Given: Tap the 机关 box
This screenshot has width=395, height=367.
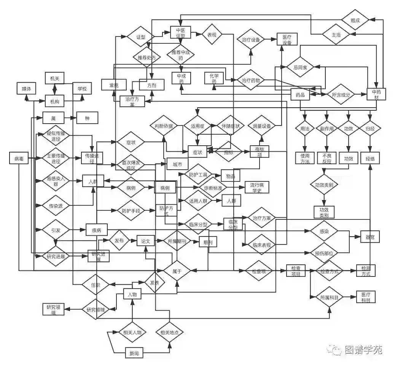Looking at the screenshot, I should [54, 78].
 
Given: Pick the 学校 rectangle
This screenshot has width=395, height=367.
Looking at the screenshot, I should [82, 89].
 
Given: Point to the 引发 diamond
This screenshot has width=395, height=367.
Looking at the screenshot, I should [56, 230].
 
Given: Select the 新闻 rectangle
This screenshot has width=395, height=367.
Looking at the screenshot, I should [134, 353].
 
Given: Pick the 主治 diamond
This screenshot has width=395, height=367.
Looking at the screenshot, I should [336, 35].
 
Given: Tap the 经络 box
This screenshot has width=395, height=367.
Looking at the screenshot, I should [370, 159].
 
